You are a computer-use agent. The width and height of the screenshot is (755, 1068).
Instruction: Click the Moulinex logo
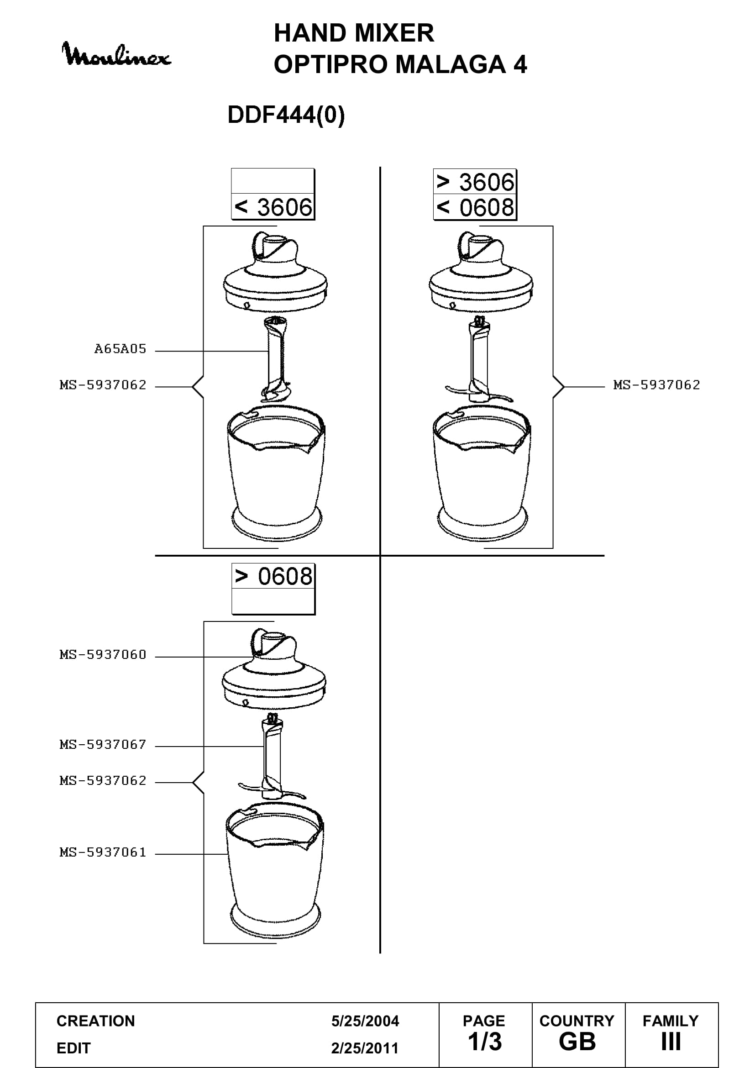pos(116,54)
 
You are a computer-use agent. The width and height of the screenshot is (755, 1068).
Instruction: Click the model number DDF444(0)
pos(286,115)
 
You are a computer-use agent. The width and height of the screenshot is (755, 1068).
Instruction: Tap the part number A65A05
pos(121,349)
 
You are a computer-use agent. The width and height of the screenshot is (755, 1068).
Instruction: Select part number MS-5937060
pos(103,655)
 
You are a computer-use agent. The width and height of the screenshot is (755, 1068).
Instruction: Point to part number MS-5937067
pos(103,745)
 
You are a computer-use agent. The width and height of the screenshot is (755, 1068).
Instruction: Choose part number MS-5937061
pos(103,852)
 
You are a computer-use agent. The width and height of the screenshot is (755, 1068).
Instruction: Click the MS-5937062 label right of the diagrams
pos(656,385)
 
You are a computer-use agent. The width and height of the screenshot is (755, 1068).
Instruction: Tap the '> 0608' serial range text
pos(273,576)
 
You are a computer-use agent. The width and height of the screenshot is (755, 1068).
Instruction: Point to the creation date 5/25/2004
pos(365,1021)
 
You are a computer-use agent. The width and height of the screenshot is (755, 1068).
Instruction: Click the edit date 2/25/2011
pos(365,1048)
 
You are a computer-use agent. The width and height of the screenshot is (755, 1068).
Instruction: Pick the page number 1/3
pos(484,1042)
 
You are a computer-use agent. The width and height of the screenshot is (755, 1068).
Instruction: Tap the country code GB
pos(577,1042)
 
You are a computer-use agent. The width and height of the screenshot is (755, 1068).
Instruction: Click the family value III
pos(671,1042)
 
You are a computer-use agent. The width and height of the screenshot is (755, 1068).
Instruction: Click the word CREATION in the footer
pos(96,1021)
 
